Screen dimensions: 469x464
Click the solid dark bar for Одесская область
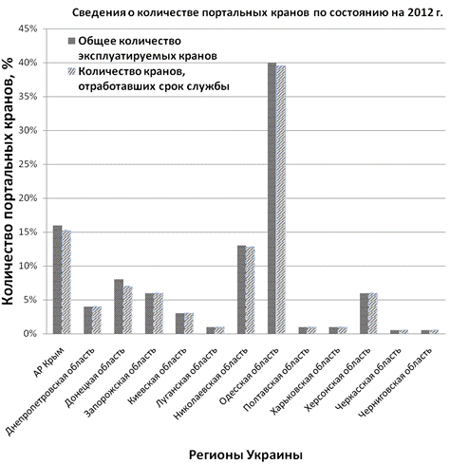pos(272,198)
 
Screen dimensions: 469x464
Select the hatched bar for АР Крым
pos(66,282)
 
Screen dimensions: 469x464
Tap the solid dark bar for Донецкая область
pos(119,306)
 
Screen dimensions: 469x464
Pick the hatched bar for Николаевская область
pos(251,290)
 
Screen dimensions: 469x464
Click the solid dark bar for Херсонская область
pos(365,313)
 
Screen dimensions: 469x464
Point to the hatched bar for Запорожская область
pos(159,313)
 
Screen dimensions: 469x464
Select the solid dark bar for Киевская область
pos(180,324)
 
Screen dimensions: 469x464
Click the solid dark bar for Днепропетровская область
pos(88,320)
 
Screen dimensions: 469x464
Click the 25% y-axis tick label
pos(28,164)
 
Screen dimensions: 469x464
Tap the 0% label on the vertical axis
pos(30,334)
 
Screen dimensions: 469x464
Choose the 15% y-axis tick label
pos(28,232)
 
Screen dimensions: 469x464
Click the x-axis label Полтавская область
pos(276,380)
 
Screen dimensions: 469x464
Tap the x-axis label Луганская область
pos(187,377)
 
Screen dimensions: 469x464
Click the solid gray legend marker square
pos(72,41)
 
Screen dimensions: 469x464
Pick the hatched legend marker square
pos(72,71)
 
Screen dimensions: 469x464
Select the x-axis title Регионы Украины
pos(246,455)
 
